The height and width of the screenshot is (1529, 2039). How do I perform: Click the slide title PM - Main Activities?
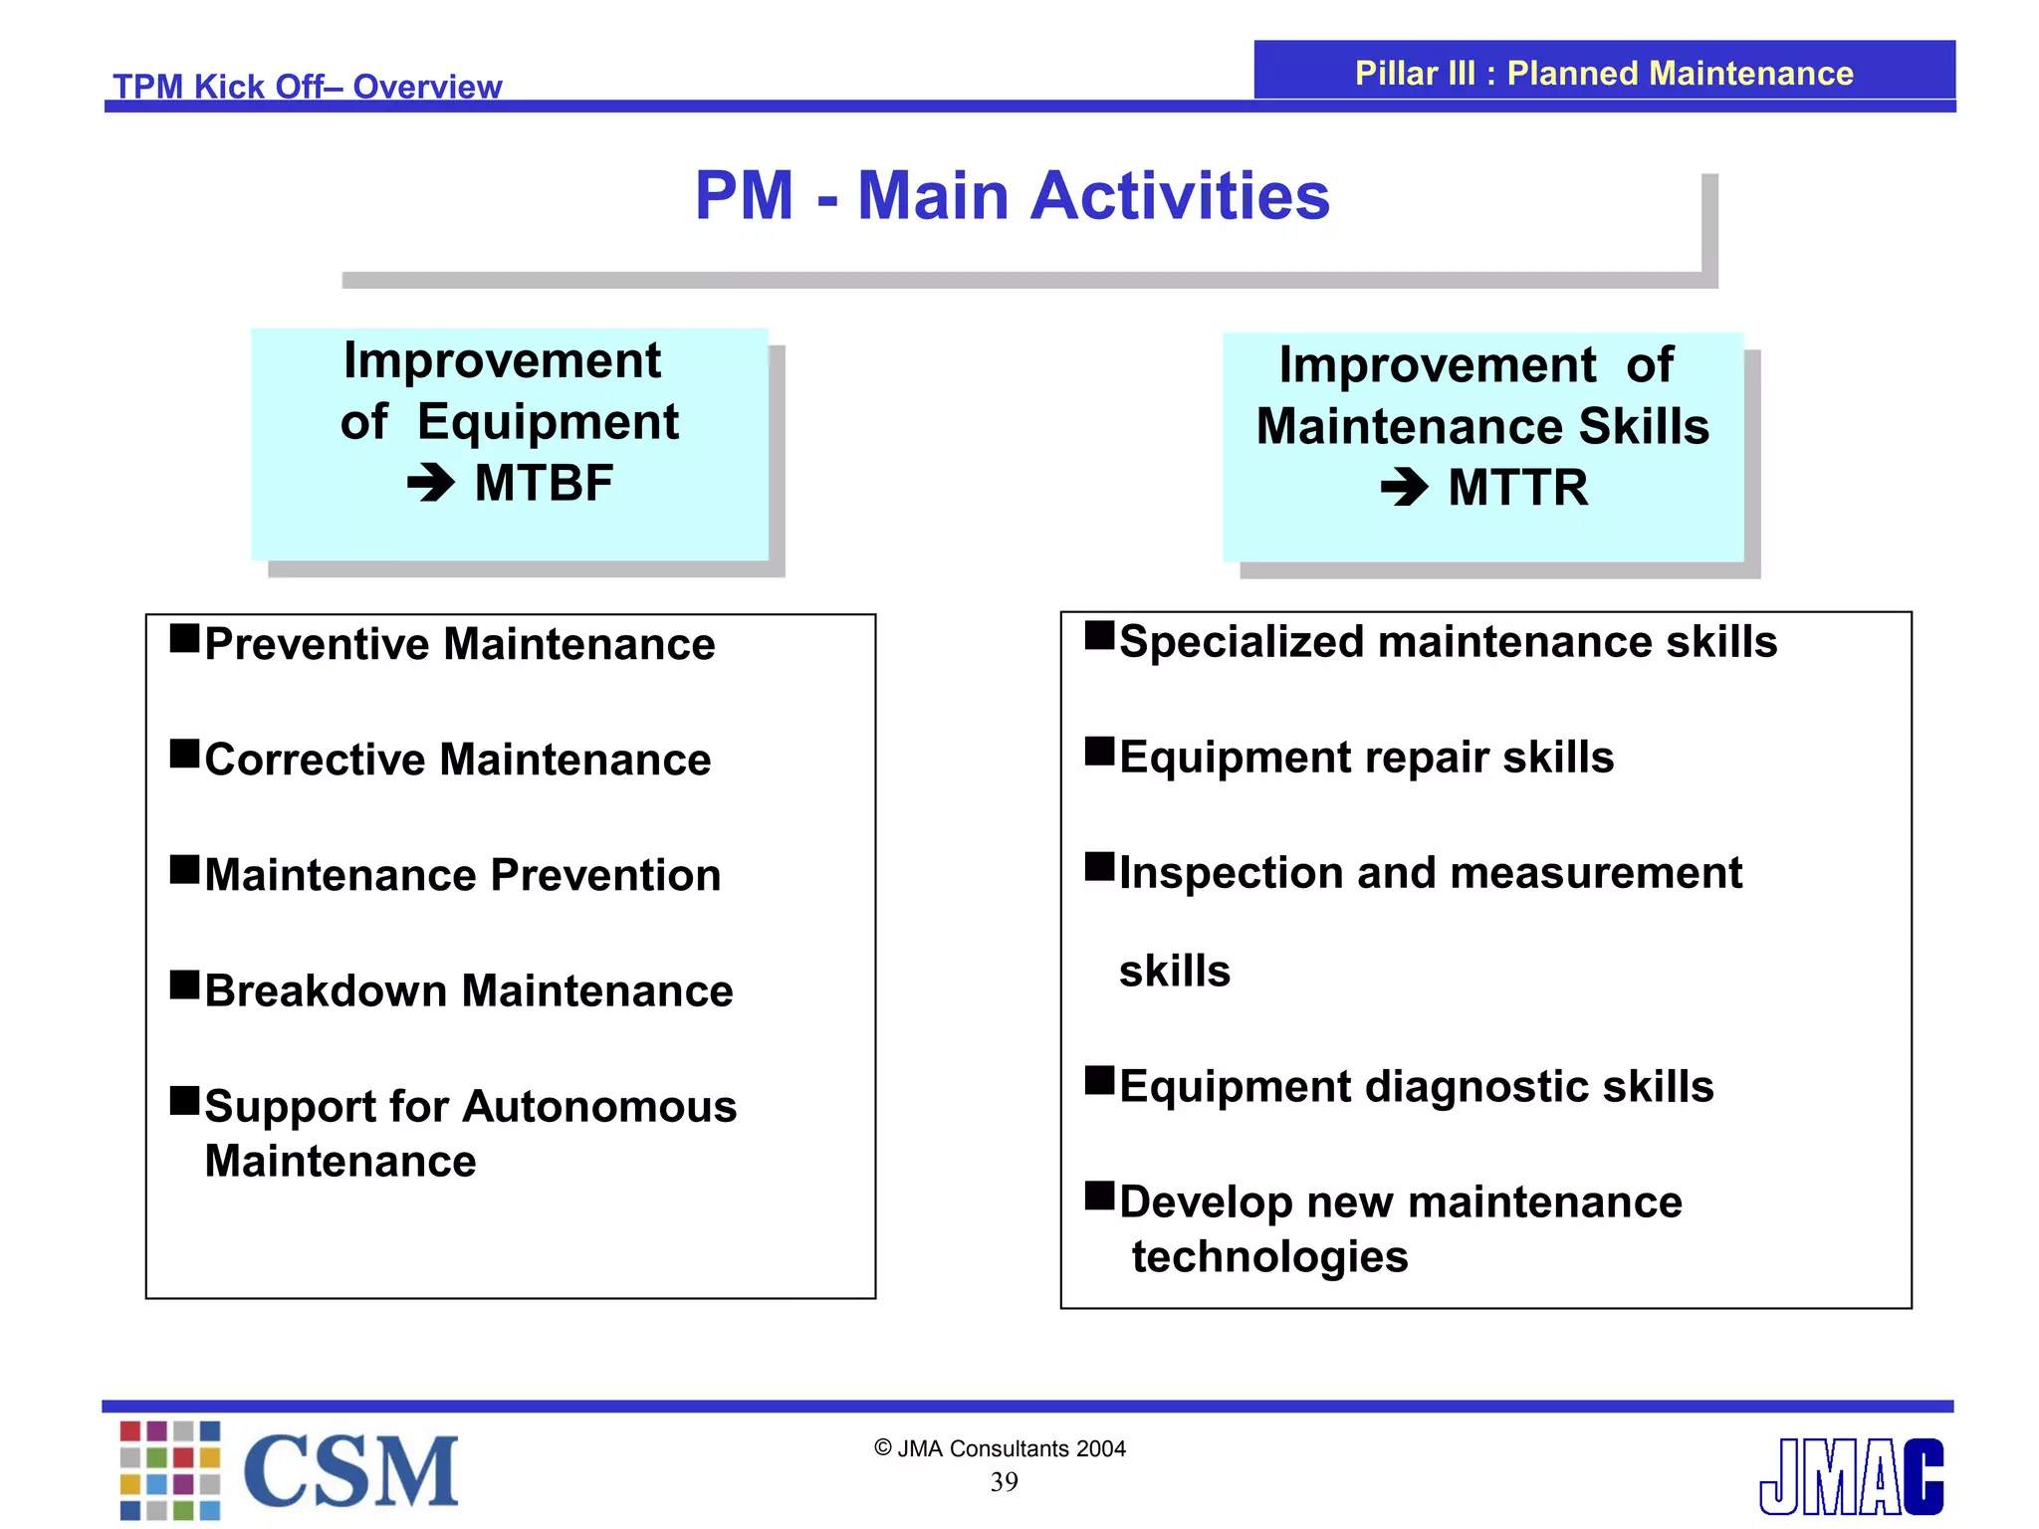[1012, 196]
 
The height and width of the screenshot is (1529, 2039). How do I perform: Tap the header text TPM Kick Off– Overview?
[307, 87]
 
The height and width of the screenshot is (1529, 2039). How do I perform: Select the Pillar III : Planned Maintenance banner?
[1603, 73]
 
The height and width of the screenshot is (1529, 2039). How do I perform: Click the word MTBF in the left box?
[544, 484]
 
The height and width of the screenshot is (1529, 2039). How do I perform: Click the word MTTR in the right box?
[1517, 488]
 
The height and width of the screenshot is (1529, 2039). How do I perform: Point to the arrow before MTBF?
[430, 484]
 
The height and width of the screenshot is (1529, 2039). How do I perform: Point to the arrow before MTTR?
[1404, 488]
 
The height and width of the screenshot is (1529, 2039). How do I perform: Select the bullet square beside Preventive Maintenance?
[184, 637]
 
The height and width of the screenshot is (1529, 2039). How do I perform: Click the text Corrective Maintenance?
[458, 760]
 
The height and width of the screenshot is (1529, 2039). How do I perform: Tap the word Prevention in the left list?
[605, 876]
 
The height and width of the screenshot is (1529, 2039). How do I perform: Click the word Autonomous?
[599, 1107]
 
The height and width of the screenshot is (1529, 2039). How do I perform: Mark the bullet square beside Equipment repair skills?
[1099, 751]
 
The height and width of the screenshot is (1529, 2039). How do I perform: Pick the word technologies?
[1269, 1257]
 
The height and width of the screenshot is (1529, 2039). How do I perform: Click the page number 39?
[1004, 1482]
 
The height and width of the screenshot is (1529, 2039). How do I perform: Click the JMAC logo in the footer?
[1851, 1477]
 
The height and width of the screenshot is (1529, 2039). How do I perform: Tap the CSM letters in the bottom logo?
[350, 1472]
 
